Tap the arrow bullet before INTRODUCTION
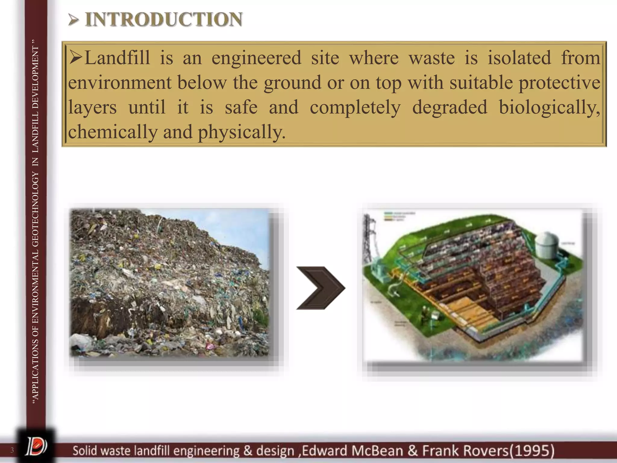coord(73,20)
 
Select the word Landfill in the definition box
coord(117,58)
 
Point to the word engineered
coord(256,58)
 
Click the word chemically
coord(113,132)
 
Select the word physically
coord(241,132)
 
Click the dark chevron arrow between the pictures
coord(321,288)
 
